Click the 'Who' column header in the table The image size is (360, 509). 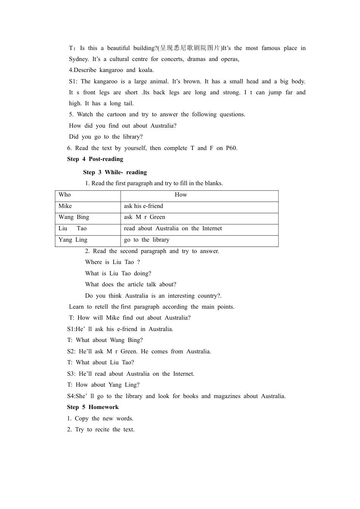(x=65, y=195)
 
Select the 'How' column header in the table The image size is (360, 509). (x=181, y=195)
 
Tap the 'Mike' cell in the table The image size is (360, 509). (x=65, y=206)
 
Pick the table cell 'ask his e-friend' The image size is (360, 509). (x=144, y=206)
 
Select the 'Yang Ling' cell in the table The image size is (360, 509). (x=73, y=240)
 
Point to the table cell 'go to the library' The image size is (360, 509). (x=147, y=240)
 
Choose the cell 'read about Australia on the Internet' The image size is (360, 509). (x=173, y=228)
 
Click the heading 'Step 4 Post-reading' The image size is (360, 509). (x=95, y=159)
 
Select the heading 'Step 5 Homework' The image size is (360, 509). (x=93, y=407)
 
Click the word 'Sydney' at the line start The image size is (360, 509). (x=78, y=59)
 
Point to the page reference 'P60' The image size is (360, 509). (x=231, y=148)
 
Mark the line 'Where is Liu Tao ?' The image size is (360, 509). (x=113, y=262)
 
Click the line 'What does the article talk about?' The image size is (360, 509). (x=131, y=284)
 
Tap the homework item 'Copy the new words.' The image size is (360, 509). (x=100, y=418)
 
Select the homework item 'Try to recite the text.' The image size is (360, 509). (x=101, y=429)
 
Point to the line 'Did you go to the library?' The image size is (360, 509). (x=106, y=137)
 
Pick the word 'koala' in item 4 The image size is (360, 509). (x=145, y=70)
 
